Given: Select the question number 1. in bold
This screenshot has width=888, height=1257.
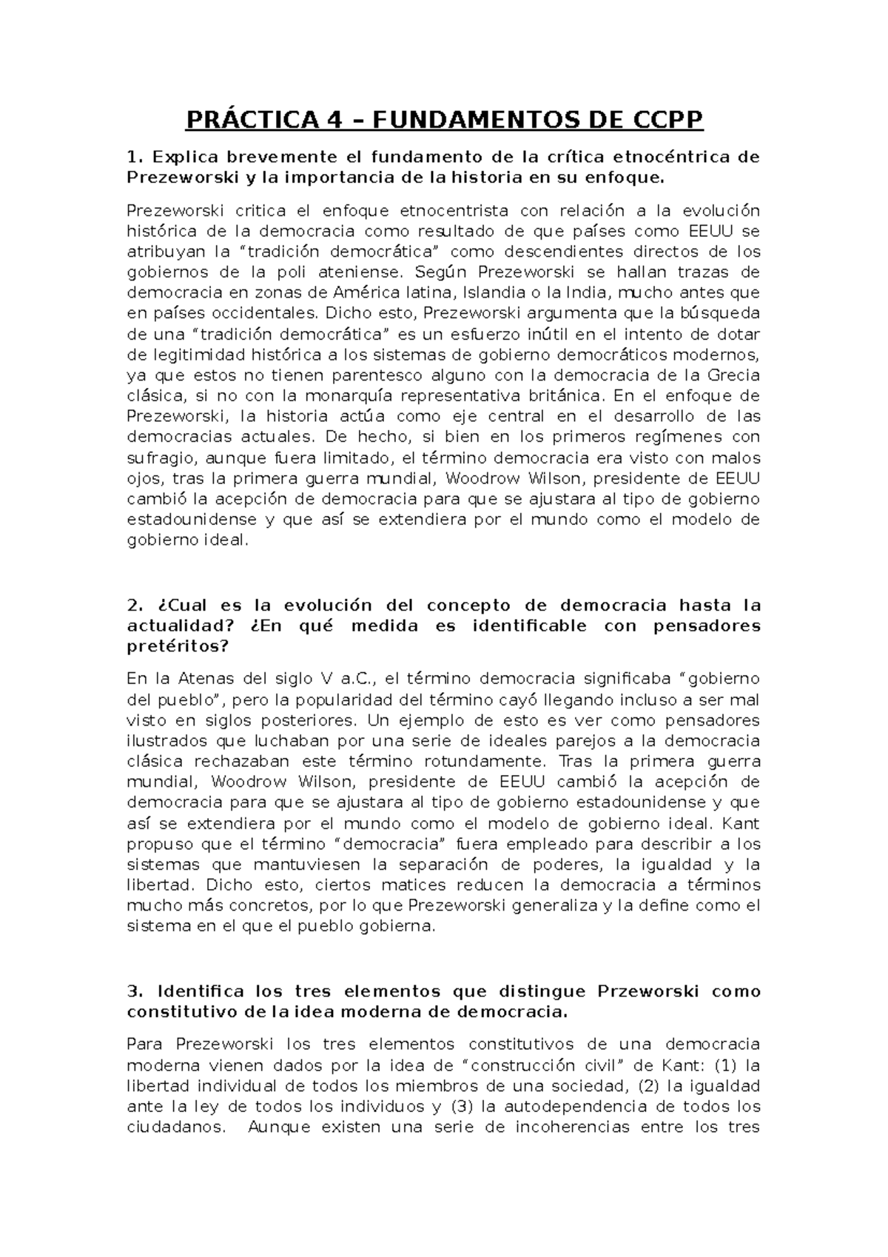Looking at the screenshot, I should pyautogui.click(x=133, y=157).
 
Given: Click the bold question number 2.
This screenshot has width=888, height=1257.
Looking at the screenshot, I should pyautogui.click(x=134, y=606).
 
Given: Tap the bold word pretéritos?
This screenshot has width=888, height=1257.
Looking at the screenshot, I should pyautogui.click(x=178, y=646).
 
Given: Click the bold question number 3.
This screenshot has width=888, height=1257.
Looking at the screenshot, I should pyautogui.click(x=134, y=992).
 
